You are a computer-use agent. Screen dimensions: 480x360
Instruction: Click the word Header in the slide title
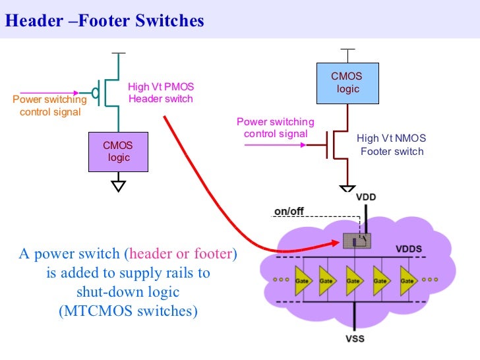tap(34, 20)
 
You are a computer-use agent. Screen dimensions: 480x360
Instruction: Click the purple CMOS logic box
tap(118, 152)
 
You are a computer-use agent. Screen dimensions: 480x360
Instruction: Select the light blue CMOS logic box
tap(347, 83)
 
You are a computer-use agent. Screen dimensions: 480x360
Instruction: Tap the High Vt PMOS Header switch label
tap(161, 93)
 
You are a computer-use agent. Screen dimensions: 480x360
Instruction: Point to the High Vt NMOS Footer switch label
tap(392, 144)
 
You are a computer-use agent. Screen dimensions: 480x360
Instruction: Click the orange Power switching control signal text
tap(49, 105)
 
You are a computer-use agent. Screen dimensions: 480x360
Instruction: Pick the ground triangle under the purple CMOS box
tap(119, 186)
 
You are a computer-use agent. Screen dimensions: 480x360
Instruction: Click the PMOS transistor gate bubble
tap(95, 93)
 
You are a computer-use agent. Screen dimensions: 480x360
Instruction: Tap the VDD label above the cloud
tap(366, 197)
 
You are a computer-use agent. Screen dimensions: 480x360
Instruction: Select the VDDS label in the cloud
tap(409, 249)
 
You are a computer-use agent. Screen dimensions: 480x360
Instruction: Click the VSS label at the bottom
tap(355, 339)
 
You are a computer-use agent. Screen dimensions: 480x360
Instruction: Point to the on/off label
tap(289, 211)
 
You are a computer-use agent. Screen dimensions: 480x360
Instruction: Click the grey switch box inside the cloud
tap(357, 241)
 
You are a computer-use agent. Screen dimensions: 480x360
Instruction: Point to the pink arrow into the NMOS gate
tap(275, 145)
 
